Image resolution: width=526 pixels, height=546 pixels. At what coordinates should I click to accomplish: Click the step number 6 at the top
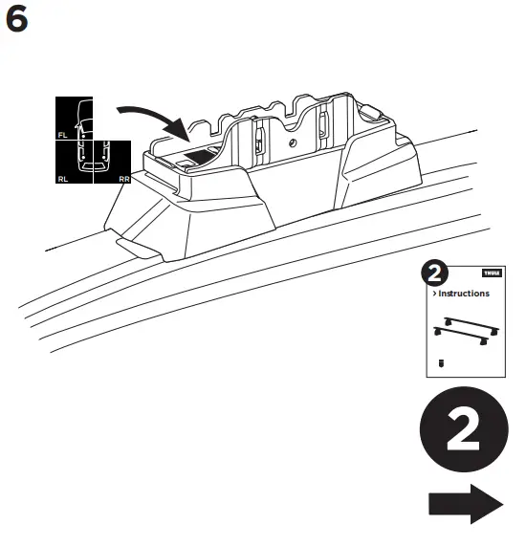point(18,19)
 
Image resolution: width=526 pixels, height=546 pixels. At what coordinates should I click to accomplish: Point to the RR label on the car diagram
point(124,177)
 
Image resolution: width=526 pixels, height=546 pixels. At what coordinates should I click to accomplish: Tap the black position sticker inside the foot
point(200,154)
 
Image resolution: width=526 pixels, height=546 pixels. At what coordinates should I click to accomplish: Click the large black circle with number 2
point(463,433)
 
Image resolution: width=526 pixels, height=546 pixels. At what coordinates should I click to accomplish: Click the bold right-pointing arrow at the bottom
point(463,503)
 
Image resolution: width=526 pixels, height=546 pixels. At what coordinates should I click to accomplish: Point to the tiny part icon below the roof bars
point(441,363)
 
